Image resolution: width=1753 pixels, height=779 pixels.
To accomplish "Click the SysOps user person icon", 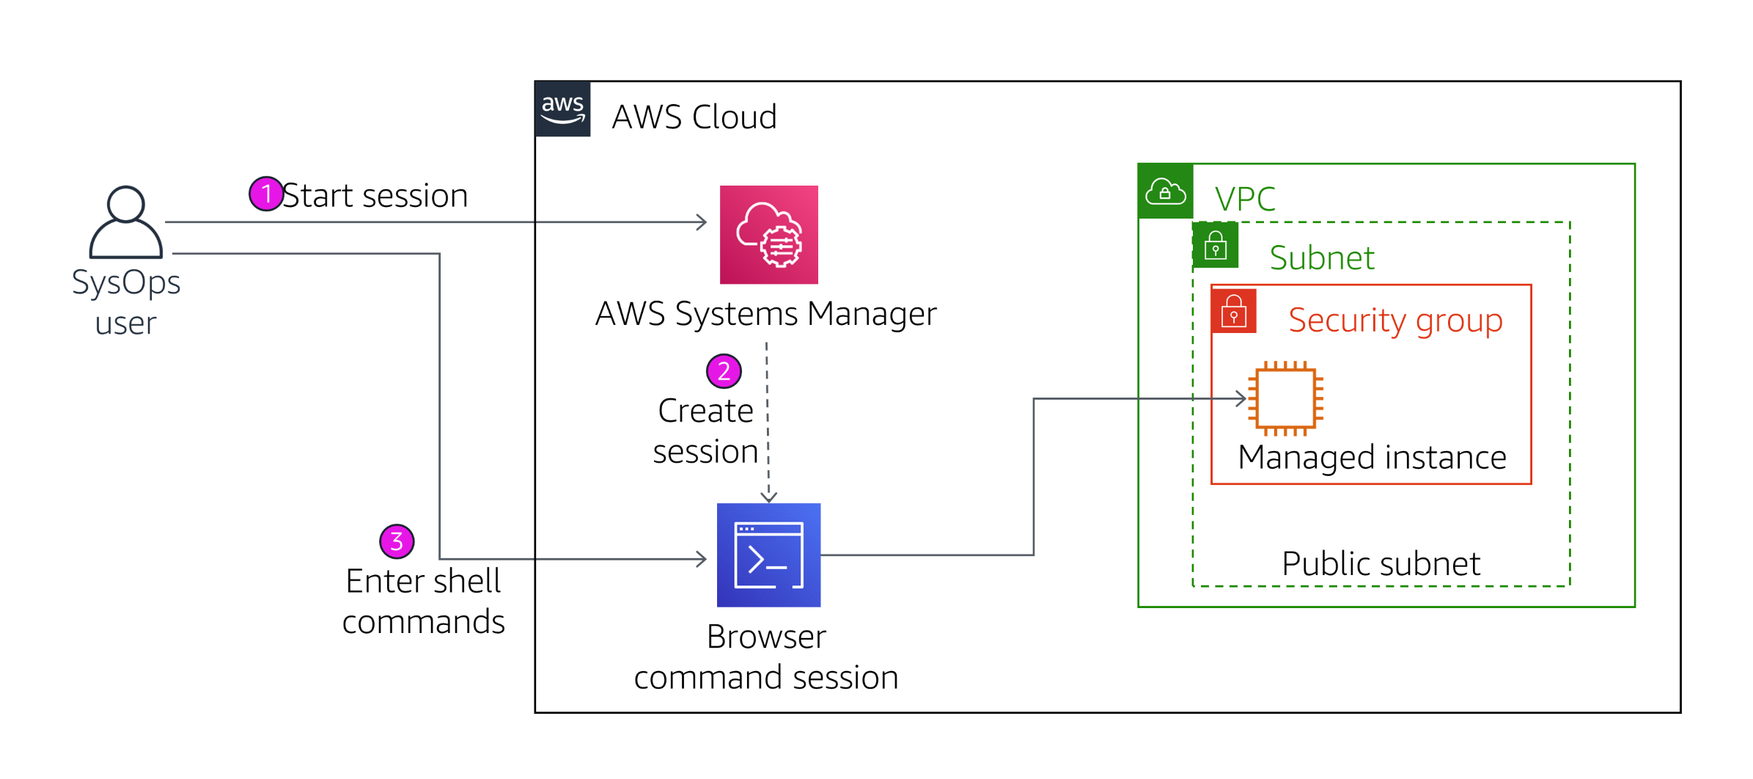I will tap(125, 222).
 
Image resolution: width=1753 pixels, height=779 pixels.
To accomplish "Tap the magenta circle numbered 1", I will tap(266, 194).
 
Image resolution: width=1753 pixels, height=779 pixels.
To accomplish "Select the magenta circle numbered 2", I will tap(724, 371).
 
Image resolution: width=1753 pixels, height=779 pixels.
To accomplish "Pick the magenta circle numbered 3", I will tap(397, 541).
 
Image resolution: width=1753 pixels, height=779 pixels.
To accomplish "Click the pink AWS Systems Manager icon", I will tap(768, 235).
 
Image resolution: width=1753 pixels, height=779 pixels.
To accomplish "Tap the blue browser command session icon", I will tap(768, 555).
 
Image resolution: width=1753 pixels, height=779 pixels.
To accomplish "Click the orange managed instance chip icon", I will tap(1285, 398).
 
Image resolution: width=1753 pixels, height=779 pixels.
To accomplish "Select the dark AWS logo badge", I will tap(562, 109).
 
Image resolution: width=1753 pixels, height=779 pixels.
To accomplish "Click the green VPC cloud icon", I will tap(1165, 191).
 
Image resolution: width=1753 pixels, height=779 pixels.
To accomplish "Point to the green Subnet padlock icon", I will tap(1216, 246).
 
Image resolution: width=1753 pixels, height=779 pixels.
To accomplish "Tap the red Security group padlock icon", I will tap(1234, 311).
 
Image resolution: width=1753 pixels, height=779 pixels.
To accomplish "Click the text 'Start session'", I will tap(375, 196).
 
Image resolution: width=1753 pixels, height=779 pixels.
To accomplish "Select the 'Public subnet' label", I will tap(1381, 563).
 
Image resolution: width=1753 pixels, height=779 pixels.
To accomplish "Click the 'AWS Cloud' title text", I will tap(694, 117).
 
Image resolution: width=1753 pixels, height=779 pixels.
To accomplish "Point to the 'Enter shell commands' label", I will tap(423, 601).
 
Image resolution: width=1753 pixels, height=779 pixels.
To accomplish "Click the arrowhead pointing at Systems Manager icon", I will tap(702, 222).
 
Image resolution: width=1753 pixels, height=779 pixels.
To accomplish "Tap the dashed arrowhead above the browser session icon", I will tap(768, 497).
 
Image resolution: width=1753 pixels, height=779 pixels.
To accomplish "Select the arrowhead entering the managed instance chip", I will tap(1241, 398).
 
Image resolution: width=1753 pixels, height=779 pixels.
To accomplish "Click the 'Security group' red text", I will tap(1394, 320).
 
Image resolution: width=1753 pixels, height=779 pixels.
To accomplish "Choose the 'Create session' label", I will tap(705, 431).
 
